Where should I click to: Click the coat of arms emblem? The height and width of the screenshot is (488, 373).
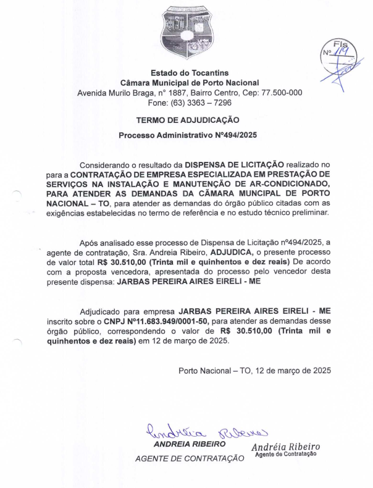coord(186,32)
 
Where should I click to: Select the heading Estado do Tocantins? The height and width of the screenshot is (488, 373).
coord(190,73)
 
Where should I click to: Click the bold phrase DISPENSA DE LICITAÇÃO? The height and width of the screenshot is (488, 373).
coord(235,165)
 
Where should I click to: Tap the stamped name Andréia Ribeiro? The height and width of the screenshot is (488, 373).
coord(286,447)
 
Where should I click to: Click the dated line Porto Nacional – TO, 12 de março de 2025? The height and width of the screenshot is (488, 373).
coord(254,371)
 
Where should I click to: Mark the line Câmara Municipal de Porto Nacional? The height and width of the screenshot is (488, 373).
coord(190,83)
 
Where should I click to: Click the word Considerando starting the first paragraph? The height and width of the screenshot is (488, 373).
coord(106,165)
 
